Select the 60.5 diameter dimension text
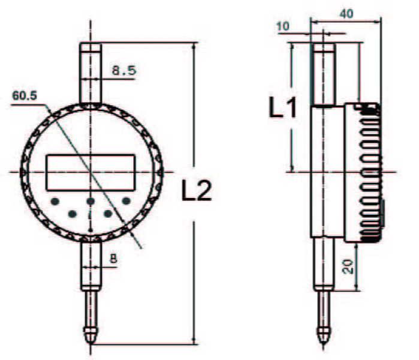click(25, 95)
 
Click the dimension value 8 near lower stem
click(113, 259)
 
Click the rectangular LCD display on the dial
click(91, 171)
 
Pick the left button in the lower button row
click(73, 213)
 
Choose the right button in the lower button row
click(108, 213)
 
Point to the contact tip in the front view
click(91, 334)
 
